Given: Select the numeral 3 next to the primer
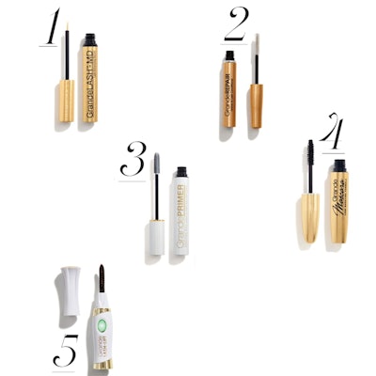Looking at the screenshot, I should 133,161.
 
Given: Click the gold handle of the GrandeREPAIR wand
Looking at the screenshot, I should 256,106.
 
